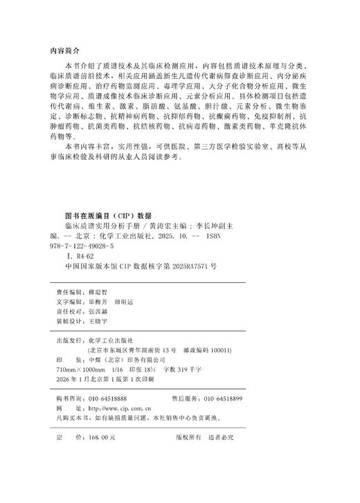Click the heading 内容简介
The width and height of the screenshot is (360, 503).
coord(67,51)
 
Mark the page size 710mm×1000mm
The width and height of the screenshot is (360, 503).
coord(78,370)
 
